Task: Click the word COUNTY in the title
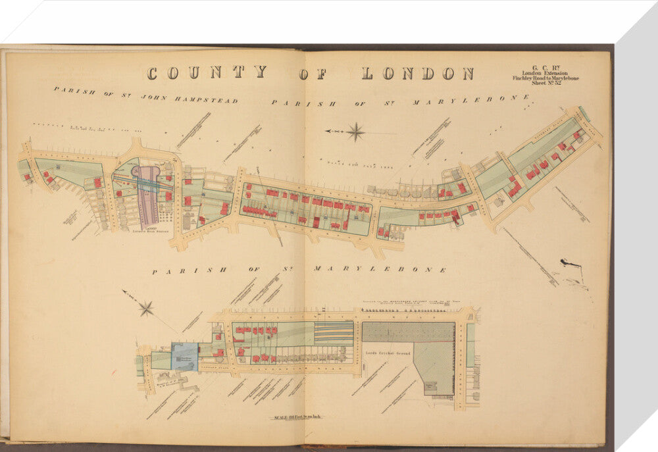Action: [207, 72]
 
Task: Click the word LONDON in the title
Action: [417, 73]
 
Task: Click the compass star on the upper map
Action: [356, 132]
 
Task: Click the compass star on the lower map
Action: [145, 308]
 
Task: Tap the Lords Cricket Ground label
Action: [388, 353]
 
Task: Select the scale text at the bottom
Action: [294, 417]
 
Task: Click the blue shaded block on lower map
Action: [184, 357]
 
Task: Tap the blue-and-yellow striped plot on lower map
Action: [334, 333]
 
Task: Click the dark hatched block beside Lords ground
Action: [408, 332]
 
